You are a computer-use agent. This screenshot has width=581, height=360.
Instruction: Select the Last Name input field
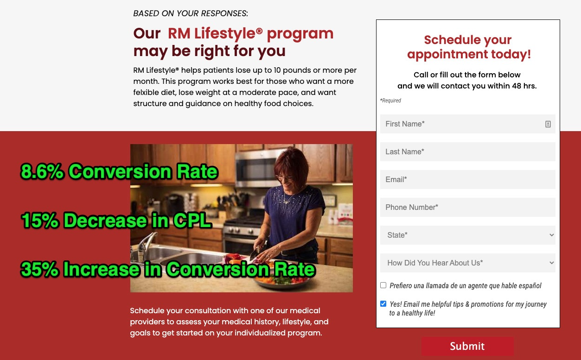pos(467,152)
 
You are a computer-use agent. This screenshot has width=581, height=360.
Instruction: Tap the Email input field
pos(467,179)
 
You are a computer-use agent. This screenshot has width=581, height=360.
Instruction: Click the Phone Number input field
pos(467,208)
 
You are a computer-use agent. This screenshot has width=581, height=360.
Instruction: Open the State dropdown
pos(467,235)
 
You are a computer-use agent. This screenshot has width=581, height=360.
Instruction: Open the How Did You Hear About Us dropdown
pos(467,263)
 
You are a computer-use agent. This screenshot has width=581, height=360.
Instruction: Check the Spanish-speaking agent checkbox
pos(383,285)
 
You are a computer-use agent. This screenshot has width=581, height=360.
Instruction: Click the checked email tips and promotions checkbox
pos(383,304)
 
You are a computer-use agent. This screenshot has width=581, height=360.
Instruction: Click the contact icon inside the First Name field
pos(548,124)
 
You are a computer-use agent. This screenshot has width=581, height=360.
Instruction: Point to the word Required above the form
pos(391,101)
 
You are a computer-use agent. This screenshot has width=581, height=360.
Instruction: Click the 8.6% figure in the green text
pos(42,171)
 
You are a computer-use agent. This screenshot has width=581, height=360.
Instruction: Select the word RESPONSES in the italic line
pos(224,13)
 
